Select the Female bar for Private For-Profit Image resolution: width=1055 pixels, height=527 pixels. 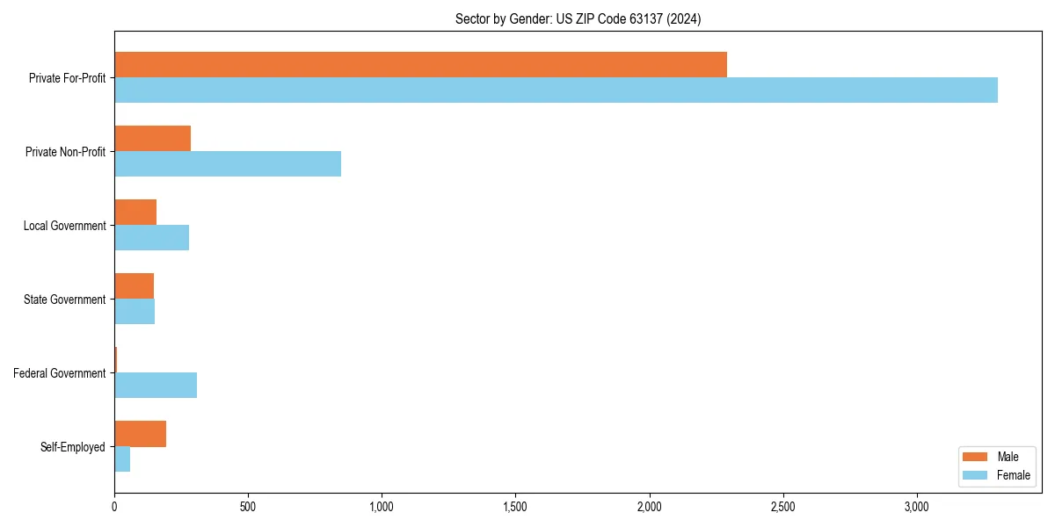pyautogui.click(x=556, y=90)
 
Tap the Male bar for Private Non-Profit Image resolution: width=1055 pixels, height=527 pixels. pyautogui.click(x=152, y=139)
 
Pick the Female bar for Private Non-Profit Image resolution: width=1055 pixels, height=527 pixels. pyautogui.click(x=228, y=164)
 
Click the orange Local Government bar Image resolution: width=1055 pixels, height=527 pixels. pyautogui.click(x=135, y=213)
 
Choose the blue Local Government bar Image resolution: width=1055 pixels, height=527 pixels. pyautogui.click(x=151, y=238)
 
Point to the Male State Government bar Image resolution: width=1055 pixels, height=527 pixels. pyautogui.click(x=134, y=286)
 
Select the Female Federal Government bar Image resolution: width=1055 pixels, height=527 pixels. pyautogui.click(x=156, y=386)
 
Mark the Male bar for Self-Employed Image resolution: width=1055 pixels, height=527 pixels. pyautogui.click(x=140, y=434)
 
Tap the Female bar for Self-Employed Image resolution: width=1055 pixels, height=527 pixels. pyautogui.click(x=122, y=459)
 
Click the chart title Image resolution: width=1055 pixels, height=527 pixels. pyautogui.click(x=578, y=18)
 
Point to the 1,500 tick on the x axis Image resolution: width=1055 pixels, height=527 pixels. pyautogui.click(x=515, y=507)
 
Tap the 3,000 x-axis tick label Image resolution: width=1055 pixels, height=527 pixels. pyautogui.click(x=916, y=507)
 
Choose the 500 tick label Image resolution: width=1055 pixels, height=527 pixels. pyautogui.click(x=248, y=507)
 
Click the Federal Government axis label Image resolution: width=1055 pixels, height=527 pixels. pyautogui.click(x=60, y=373)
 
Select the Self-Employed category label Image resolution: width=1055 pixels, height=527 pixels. pyautogui.click(x=73, y=447)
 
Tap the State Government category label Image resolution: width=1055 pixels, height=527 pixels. pyautogui.click(x=65, y=300)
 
